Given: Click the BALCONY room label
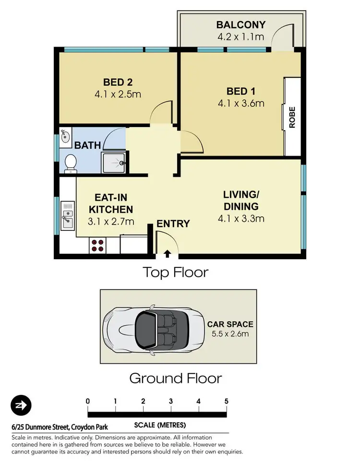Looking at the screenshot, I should pos(240,24).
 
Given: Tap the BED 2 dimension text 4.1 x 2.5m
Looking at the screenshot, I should pos(118,94).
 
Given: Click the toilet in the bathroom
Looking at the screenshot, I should pos(70,164).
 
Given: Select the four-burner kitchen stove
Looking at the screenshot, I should pos(97,245).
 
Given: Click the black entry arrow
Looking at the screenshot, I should pos(168,253).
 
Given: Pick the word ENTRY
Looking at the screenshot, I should pos(173,224).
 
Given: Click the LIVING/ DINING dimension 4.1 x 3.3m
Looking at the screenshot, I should pos(241,219).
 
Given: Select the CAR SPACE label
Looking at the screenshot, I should pos(230,324).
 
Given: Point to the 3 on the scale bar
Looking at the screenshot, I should pos(171,401).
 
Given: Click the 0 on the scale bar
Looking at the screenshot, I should pos(88,401).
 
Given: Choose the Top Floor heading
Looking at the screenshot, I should pos(176,273).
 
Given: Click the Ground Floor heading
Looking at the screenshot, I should pos(176,378).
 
